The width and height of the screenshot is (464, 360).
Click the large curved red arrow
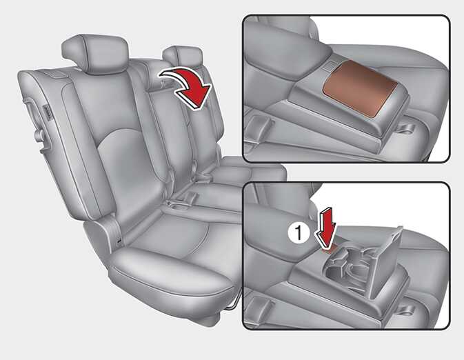pos(190,86)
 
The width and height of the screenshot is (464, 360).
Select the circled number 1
pos(299,232)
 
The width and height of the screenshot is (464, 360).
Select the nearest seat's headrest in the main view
pos(94,53)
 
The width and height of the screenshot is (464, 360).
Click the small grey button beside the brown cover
pos(328,66)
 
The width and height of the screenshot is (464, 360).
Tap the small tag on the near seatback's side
pos(48,112)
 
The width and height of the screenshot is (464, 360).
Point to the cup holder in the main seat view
pos(178,206)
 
